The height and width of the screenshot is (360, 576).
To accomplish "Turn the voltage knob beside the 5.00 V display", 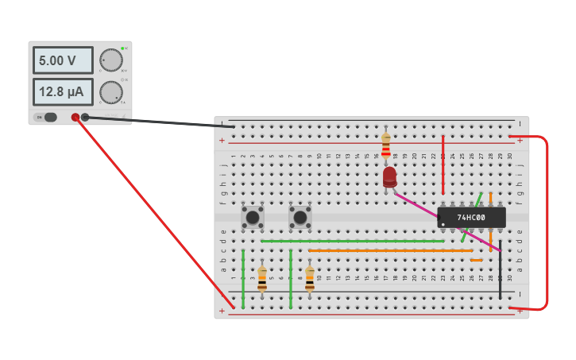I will click(110, 60).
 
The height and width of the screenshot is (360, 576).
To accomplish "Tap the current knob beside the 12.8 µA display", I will click(110, 92).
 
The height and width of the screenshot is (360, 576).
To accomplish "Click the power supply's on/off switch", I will click(49, 118).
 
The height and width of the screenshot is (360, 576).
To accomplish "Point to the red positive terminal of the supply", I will click(75, 118).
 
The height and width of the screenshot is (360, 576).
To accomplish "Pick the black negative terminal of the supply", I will click(85, 118).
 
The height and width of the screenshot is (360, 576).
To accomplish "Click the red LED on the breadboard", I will click(389, 176).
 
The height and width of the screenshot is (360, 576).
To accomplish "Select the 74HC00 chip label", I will click(472, 217).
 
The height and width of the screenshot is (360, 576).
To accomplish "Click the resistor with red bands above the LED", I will click(386, 146).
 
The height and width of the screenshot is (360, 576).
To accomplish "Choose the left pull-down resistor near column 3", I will click(262, 278).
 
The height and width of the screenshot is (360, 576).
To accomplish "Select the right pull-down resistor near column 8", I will click(310, 278).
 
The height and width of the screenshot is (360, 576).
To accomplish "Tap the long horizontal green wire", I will click(353, 241).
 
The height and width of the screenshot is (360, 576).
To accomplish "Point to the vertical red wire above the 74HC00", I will click(443, 165).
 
